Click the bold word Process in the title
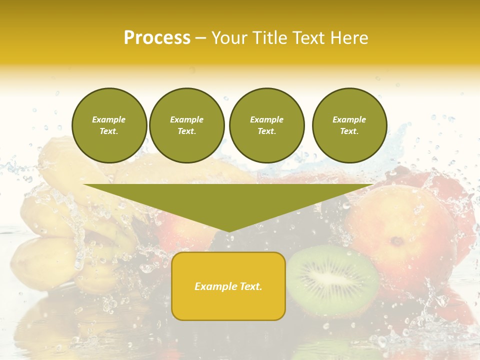point(157,38)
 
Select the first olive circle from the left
point(109,125)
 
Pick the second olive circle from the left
point(187,125)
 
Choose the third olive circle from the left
point(267,125)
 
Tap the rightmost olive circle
point(349,125)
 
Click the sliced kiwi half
point(332,280)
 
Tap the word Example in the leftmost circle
point(109,119)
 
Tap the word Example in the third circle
point(266,119)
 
